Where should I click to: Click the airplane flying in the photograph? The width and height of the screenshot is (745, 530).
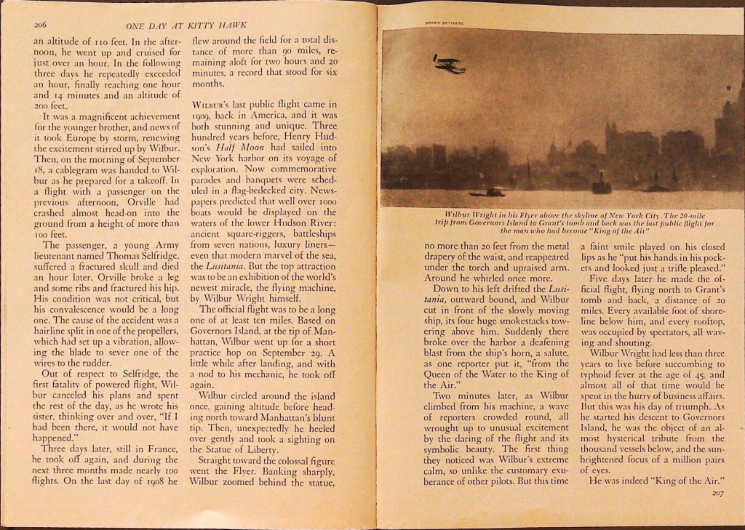pos(449,64)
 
